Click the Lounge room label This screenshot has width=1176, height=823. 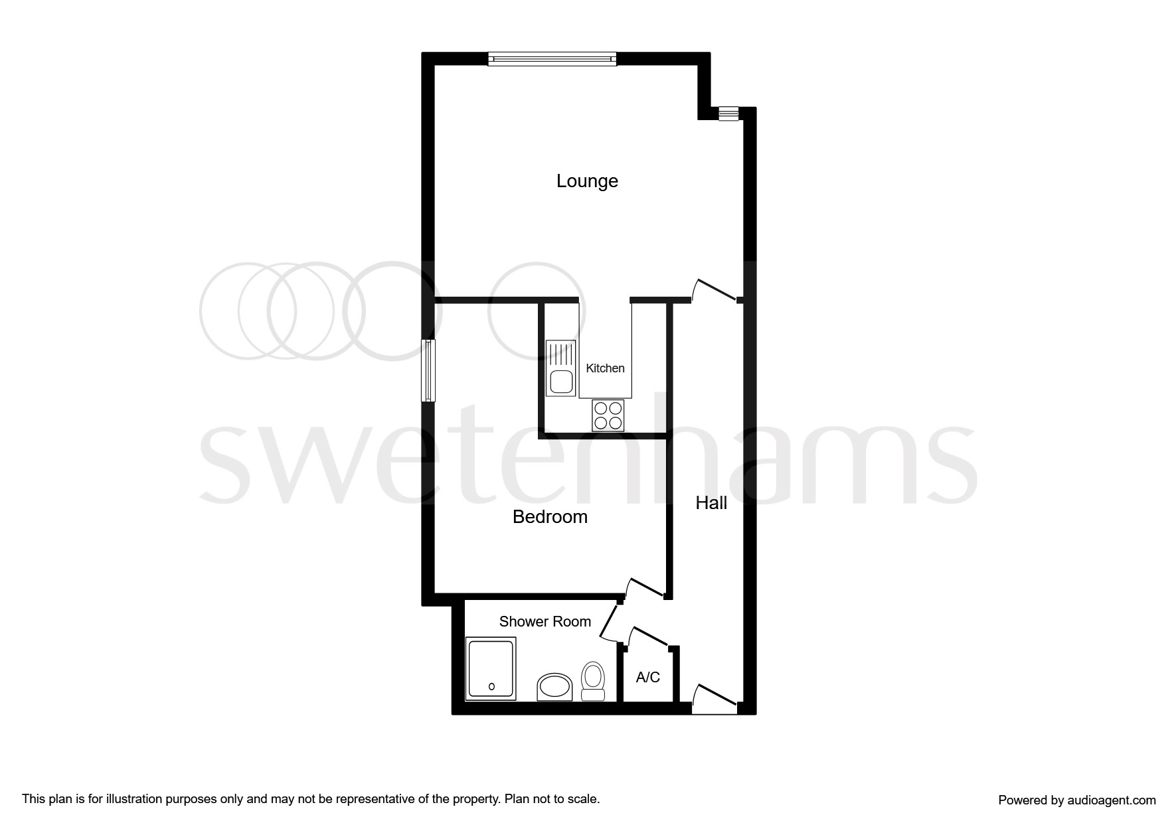click(x=587, y=181)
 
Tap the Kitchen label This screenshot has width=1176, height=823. click(x=605, y=368)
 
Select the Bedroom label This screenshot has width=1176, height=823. click(x=550, y=517)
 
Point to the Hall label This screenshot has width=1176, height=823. click(x=711, y=503)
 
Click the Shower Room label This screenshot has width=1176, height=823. click(x=545, y=622)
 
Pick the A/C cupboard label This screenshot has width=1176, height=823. click(x=648, y=678)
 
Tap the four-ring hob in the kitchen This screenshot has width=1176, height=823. click(x=608, y=415)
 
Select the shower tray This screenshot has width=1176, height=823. click(x=491, y=669)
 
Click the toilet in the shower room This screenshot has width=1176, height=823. click(x=592, y=681)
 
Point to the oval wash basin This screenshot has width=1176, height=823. click(x=554, y=687)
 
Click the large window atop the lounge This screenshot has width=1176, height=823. click(x=552, y=59)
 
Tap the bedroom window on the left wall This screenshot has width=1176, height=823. click(x=428, y=370)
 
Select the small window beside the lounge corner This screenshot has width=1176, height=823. click(x=728, y=114)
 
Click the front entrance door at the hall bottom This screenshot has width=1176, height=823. click(x=714, y=701)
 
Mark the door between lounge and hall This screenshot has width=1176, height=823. click(x=716, y=291)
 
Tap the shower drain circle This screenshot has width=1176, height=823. click(x=491, y=687)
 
